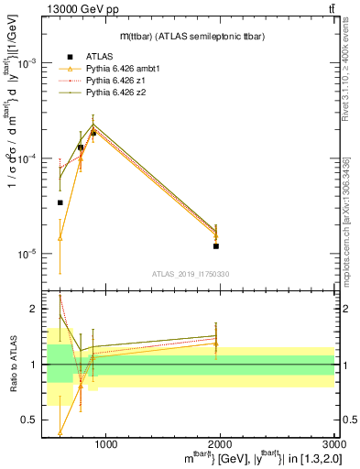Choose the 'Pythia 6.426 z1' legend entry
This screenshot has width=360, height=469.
tap(117, 81)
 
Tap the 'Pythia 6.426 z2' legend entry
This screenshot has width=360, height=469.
tap(117, 93)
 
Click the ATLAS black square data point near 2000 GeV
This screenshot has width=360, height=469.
tap(216, 246)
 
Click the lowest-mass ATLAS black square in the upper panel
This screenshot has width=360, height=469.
tap(60, 202)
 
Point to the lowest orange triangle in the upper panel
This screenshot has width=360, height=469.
tap(60, 238)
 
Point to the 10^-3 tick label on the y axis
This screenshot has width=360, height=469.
tap(27, 63)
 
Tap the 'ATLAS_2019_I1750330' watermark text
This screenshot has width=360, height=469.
tap(191, 274)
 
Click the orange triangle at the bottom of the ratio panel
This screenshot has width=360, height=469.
tap(60, 432)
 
